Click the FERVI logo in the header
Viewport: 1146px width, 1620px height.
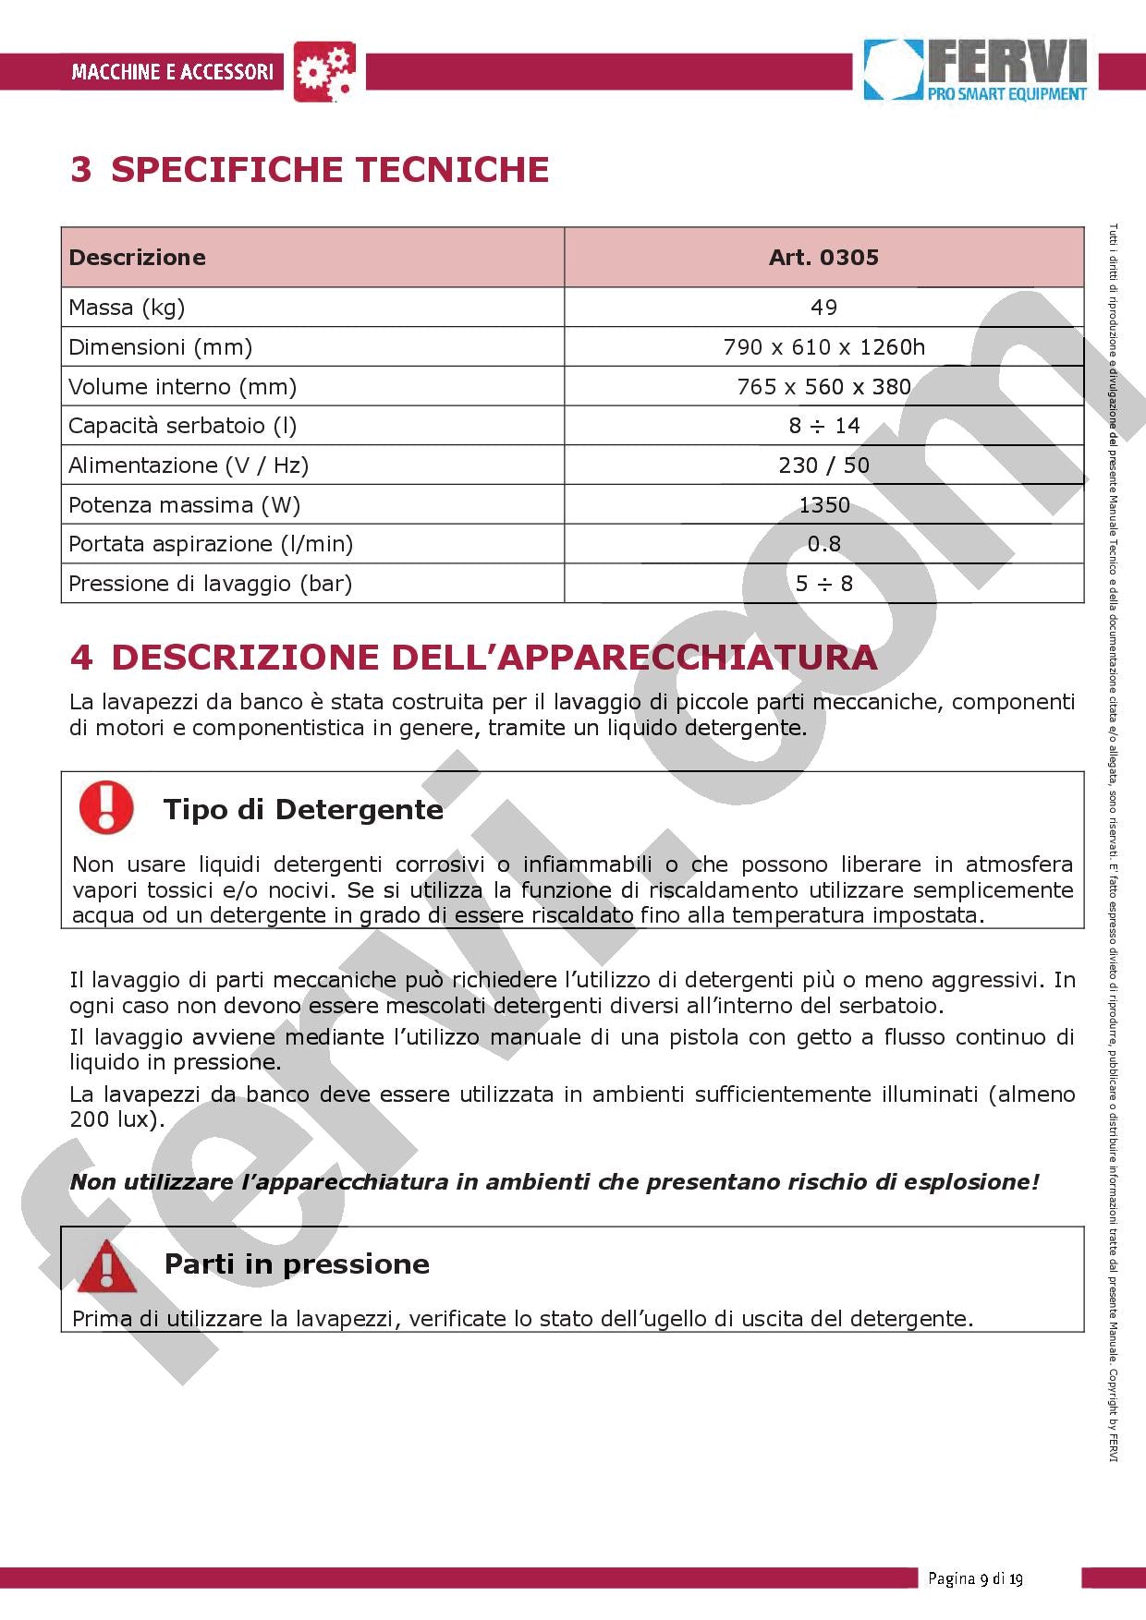[975, 69]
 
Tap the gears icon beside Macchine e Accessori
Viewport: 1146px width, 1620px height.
[324, 71]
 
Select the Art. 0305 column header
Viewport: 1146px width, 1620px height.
[823, 257]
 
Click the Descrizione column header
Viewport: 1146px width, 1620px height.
[138, 257]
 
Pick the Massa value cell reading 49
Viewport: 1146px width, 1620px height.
[823, 308]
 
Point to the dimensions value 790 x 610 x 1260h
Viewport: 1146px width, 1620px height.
[823, 347]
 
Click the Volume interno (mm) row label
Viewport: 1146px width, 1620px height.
[183, 387]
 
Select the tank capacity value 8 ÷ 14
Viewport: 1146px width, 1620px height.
[823, 426]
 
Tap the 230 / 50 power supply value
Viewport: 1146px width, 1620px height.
[823, 465]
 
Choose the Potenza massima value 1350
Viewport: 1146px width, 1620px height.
[823, 505]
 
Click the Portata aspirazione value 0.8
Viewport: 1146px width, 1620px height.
[823, 544]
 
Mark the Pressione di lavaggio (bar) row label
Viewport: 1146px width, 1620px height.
[211, 584]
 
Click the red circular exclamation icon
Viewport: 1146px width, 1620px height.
[106, 806]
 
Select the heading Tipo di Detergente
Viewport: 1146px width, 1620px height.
[303, 810]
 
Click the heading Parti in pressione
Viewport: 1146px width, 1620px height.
[297, 1264]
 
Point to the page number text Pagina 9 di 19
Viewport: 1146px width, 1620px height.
[975, 1578]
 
